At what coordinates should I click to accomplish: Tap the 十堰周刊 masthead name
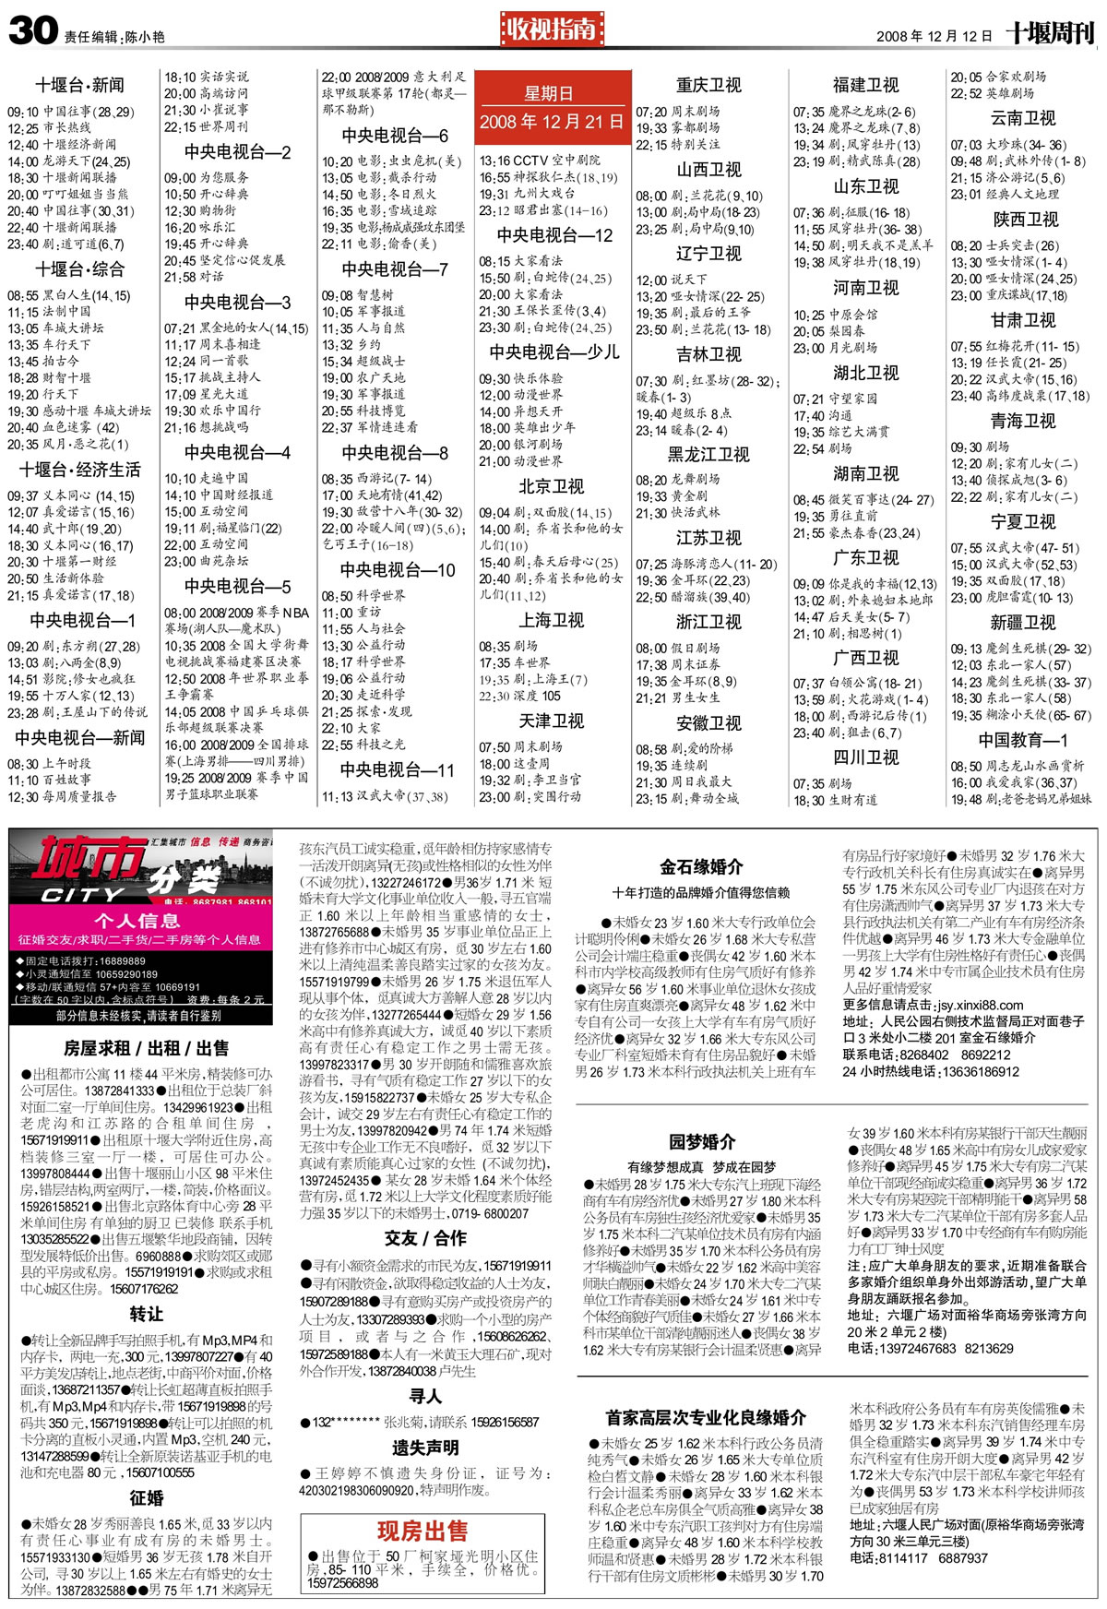pos(1050,34)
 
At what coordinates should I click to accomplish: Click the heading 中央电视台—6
pos(395,136)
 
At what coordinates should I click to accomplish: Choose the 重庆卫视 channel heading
pos(708,85)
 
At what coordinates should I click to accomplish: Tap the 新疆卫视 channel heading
pos(1022,623)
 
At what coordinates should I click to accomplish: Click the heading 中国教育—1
pos(1022,741)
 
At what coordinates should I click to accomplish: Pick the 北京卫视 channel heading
pos(551,486)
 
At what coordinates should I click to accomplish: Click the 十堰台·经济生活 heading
pos(80,470)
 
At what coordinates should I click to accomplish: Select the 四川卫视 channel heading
pos(865,757)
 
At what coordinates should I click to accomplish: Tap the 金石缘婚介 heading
pos(701,866)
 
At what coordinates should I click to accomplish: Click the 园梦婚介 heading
pos(702,1142)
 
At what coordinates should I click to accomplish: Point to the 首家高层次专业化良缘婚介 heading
pos(706,1417)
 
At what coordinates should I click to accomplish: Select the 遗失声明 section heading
pos(425,1447)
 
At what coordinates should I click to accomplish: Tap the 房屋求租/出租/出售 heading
pos(146,1048)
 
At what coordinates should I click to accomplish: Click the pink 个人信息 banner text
pos(137,920)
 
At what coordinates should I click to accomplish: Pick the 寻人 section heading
pos(425,1397)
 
